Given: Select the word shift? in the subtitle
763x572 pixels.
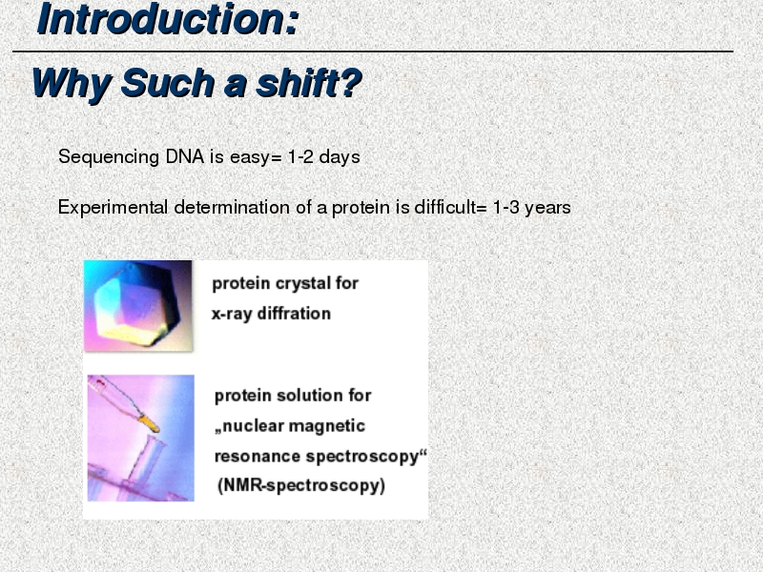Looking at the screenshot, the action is tap(309, 83).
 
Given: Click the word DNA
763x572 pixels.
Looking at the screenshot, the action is tap(184, 156).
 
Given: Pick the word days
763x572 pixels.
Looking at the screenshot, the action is tap(340, 156).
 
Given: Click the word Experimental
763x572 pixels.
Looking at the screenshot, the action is tap(113, 208).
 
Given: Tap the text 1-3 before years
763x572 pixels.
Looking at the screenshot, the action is tap(505, 208).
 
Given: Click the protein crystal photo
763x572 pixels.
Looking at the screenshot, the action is tap(138, 305).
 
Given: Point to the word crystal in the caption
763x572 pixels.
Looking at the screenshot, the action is tap(305, 283).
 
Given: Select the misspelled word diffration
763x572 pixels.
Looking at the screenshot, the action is tap(294, 314).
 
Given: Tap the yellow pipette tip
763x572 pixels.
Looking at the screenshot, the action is tap(149, 423).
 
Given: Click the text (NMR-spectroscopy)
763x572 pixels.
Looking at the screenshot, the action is tap(301, 485).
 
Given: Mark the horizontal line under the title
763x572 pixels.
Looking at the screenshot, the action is tap(373, 51).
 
